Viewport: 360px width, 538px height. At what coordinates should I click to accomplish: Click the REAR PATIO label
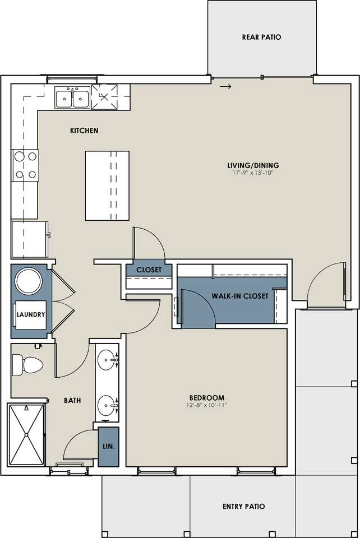point(261,37)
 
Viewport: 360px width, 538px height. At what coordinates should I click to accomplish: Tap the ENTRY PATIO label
point(244,507)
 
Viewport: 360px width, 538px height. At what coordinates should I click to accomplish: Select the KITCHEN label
point(84,131)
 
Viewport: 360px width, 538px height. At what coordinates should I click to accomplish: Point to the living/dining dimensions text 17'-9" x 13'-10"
point(253,173)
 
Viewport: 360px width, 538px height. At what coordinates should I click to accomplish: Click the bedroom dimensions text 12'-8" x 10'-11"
point(207,405)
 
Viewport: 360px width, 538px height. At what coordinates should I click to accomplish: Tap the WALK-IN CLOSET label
point(240,296)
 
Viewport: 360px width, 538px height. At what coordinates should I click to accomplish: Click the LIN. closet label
point(109,447)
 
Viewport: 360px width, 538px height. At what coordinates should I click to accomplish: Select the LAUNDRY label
point(31,314)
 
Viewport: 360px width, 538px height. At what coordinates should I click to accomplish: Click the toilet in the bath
point(27,365)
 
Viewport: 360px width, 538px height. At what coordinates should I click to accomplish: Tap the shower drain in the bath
point(26,435)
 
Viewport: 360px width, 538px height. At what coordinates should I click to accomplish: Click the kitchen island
point(107,185)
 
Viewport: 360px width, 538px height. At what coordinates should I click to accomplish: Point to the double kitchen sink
point(72,98)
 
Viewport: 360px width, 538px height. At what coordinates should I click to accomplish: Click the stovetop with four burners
point(25,165)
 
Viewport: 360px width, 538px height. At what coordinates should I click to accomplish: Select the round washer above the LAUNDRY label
point(29,281)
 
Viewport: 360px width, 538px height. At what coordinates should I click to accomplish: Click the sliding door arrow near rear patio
point(225,86)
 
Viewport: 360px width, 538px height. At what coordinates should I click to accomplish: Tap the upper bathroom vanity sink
point(107,360)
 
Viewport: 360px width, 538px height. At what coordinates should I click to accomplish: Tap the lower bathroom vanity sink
point(107,406)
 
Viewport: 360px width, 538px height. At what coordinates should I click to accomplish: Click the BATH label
point(72,400)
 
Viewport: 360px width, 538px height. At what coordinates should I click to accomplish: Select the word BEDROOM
point(207,398)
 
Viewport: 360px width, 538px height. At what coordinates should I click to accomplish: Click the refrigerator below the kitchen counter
point(30,239)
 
